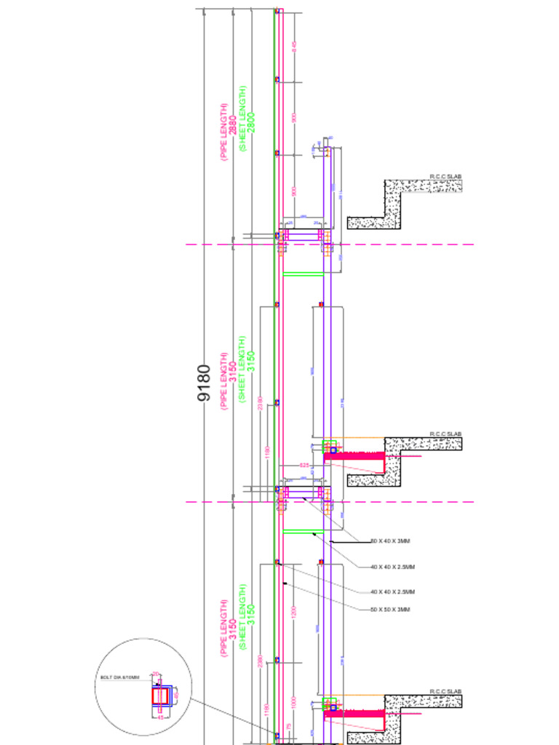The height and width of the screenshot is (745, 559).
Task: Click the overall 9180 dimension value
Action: [x=205, y=383]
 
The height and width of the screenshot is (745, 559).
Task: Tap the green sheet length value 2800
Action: [x=251, y=121]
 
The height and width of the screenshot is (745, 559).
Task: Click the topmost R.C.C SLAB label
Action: [x=445, y=177]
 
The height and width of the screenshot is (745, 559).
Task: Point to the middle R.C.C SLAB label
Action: [x=445, y=434]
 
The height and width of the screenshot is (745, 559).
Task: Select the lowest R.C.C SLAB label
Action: [x=445, y=692]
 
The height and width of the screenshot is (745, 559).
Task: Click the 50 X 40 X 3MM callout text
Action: [x=390, y=541]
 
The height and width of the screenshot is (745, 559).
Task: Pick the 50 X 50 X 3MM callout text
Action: [x=390, y=610]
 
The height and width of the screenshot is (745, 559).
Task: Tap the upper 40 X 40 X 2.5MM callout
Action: [x=392, y=567]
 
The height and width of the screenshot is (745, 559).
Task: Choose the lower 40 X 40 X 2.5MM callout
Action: [x=392, y=592]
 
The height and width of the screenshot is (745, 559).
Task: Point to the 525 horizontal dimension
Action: [x=304, y=465]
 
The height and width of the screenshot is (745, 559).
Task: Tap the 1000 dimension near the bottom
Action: [x=293, y=703]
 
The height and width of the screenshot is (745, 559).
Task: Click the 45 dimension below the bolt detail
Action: [x=161, y=717]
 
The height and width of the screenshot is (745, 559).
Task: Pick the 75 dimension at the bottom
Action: [x=289, y=727]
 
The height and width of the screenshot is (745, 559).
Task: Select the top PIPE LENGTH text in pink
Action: [x=224, y=132]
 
